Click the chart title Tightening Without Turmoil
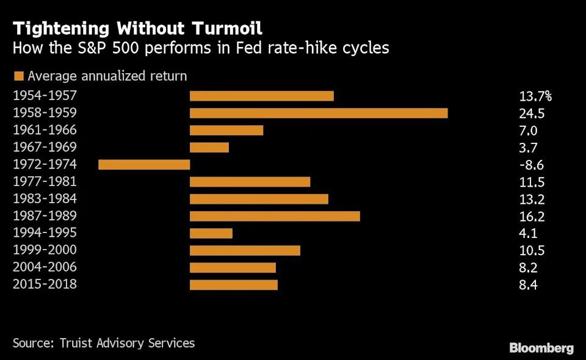137,28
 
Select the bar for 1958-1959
319,113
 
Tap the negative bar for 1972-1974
144,164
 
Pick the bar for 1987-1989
275,216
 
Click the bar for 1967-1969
209,147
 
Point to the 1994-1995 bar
211,233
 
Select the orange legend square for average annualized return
18,76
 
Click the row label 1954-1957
45,96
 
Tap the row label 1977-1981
45,182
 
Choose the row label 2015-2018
45,284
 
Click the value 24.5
532,113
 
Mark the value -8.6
531,165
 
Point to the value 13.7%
535,96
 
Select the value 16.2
532,217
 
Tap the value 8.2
529,268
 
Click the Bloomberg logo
541,348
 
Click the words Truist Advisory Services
127,343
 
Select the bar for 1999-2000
245,250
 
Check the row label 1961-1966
45,130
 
